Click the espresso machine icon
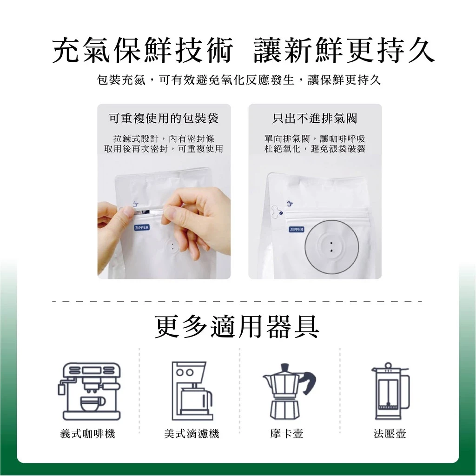pos(90,391)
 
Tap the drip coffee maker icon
pos(192,390)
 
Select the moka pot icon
pos(289,391)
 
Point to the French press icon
pos(390,391)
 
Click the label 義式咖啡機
pos(88,434)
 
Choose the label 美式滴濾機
pos(192,434)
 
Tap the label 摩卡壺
pos(286,434)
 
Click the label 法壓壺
pos(390,434)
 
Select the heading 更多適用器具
pos(237,327)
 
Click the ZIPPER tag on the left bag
pos(142,227)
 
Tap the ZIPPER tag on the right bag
pos(297,230)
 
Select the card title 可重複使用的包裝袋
pos(164,119)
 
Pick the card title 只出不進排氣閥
pos(315,119)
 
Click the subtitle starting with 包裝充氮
pos(239,80)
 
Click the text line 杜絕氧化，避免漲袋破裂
pos(315,149)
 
